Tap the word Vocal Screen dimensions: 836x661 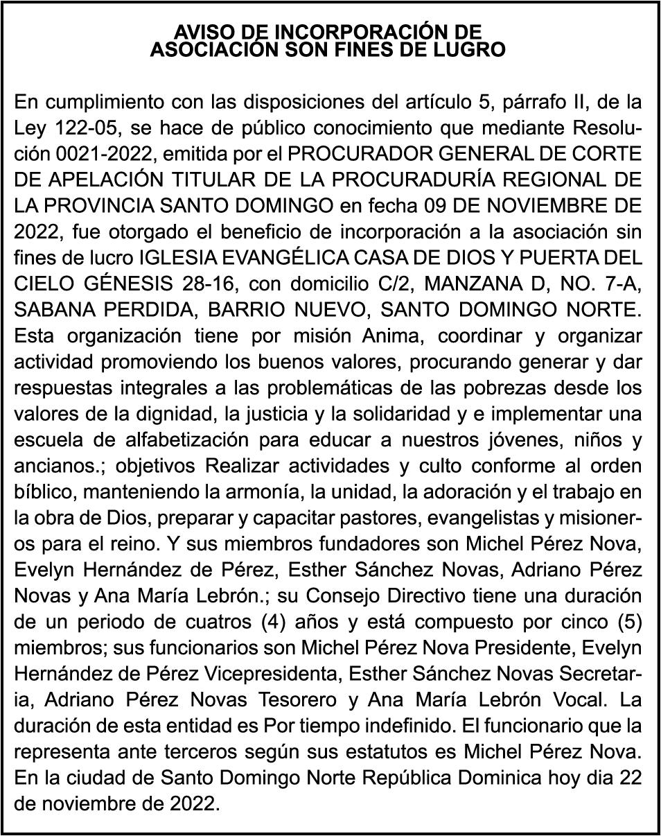point(583,699)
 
